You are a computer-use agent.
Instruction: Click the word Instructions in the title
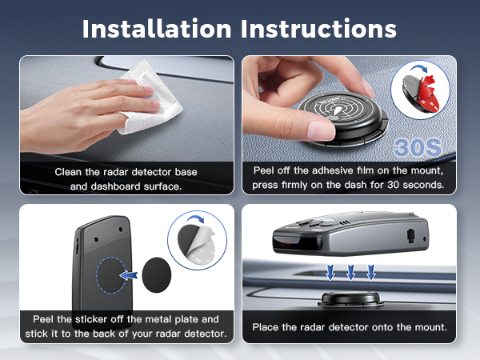[318, 28]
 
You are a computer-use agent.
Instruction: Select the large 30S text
[415, 149]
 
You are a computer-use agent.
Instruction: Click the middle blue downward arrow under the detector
[350, 273]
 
